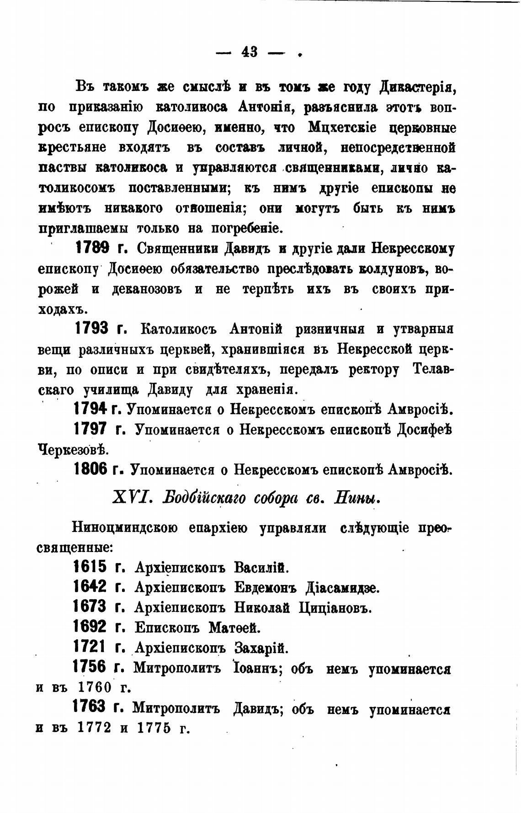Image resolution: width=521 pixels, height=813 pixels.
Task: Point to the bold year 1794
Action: pos(90,408)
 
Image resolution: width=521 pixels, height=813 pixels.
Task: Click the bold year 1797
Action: pos(90,429)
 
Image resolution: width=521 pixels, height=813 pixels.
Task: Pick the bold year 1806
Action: pos(90,469)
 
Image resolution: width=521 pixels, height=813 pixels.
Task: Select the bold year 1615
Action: pos(90,567)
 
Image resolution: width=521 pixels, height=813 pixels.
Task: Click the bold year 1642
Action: pos(90,587)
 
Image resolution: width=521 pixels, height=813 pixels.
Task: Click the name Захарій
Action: pos(261,648)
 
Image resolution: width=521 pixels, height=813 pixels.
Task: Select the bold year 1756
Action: pos(90,668)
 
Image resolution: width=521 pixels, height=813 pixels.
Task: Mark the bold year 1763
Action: pos(90,707)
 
